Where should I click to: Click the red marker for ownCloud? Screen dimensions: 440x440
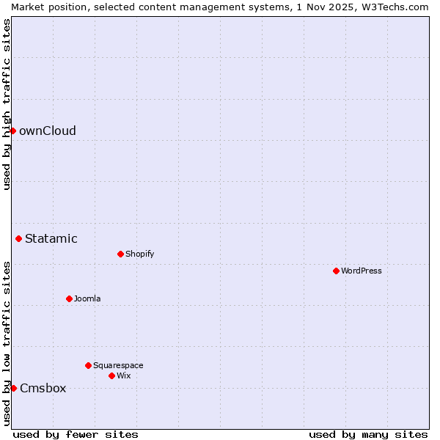tap(12, 131)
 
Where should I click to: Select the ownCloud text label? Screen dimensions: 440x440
tap(48, 131)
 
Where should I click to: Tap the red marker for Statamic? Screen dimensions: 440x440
tap(18, 238)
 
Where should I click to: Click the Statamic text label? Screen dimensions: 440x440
tap(51, 238)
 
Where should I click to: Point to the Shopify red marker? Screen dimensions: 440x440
tap(120, 254)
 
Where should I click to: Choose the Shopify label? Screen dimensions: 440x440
tap(139, 254)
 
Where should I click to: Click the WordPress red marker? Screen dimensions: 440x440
tap(336, 271)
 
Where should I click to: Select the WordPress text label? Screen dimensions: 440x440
tap(361, 271)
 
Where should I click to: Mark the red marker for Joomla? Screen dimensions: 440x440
tap(69, 298)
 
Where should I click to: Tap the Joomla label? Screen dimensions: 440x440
tap(87, 298)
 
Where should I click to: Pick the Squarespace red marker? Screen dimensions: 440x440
tap(88, 365)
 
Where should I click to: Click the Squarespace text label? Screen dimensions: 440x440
tap(118, 365)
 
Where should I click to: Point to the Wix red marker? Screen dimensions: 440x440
tap(111, 375)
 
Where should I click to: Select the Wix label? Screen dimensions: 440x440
tap(123, 375)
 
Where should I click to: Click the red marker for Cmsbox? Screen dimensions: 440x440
tap(13, 388)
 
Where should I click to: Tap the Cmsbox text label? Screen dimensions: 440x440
tap(43, 389)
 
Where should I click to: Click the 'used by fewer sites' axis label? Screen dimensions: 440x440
tap(76, 434)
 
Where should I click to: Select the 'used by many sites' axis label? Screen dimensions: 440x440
tap(368, 434)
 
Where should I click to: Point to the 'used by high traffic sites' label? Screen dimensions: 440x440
tap(7, 104)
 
